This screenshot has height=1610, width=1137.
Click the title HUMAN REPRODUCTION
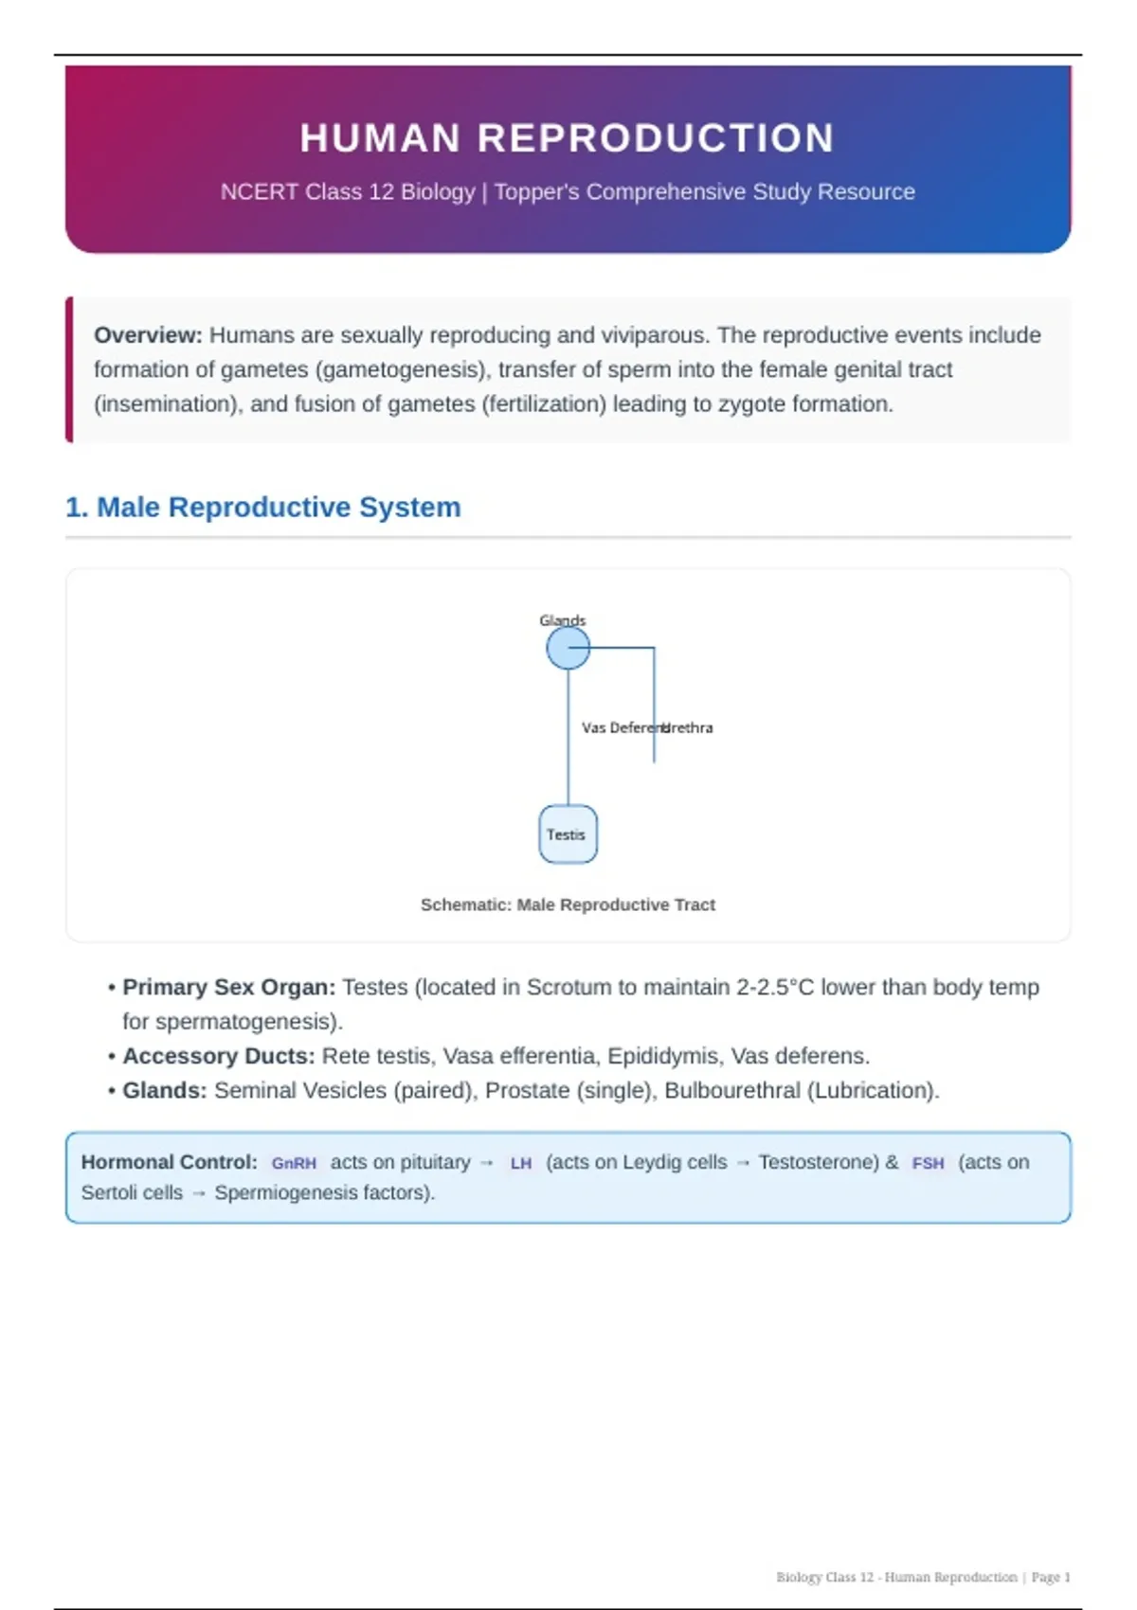[567, 138]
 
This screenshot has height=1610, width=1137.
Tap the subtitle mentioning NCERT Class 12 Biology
[568, 191]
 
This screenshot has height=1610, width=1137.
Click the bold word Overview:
[148, 335]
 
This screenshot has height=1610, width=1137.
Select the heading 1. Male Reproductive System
[262, 508]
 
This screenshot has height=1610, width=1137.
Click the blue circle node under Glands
[568, 649]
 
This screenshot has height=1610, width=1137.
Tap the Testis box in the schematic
[568, 834]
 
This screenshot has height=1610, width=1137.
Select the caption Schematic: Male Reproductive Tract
[568, 904]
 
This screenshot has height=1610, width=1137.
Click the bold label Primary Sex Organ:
[228, 987]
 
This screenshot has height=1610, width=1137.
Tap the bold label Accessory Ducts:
[218, 1056]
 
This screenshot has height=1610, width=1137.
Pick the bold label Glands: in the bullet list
[164, 1090]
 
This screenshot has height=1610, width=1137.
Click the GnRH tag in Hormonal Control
[294, 1163]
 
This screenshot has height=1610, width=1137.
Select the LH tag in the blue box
[520, 1163]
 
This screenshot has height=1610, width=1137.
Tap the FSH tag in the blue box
[928, 1163]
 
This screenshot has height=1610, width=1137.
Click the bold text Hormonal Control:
[169, 1162]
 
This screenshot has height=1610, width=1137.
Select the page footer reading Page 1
[1051, 1577]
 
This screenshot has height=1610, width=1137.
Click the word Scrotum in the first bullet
[568, 987]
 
